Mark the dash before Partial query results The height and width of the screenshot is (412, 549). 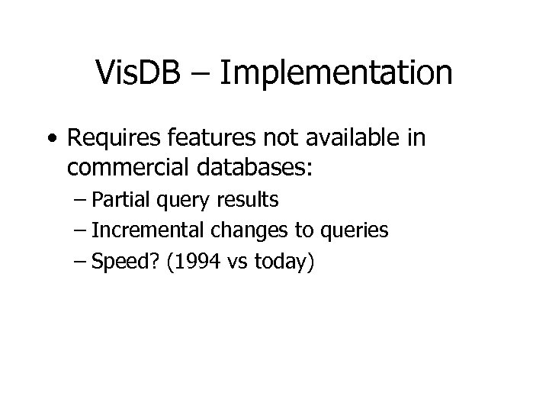tap(82, 201)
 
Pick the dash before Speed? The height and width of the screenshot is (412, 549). tap(82, 262)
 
